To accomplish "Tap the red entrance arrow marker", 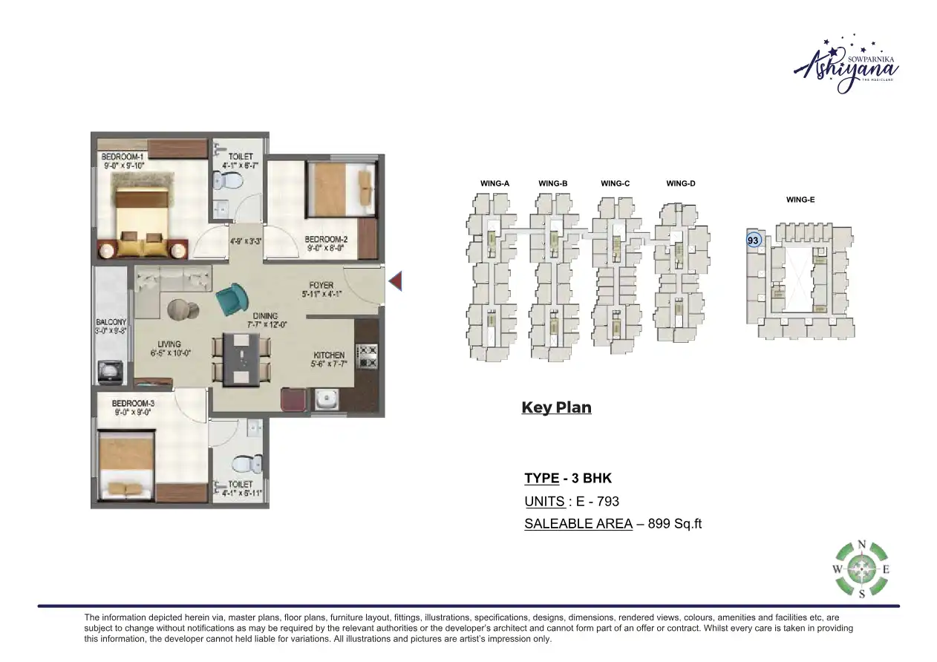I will tap(396, 281).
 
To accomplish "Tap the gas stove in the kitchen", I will tap(367, 355).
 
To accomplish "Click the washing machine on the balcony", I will tap(111, 372).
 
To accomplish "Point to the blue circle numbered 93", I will tap(753, 240).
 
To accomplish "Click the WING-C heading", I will tap(616, 183).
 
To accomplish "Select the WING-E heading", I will tap(800, 200).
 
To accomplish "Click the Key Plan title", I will tap(556, 407).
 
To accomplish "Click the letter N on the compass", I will tap(861, 545).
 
